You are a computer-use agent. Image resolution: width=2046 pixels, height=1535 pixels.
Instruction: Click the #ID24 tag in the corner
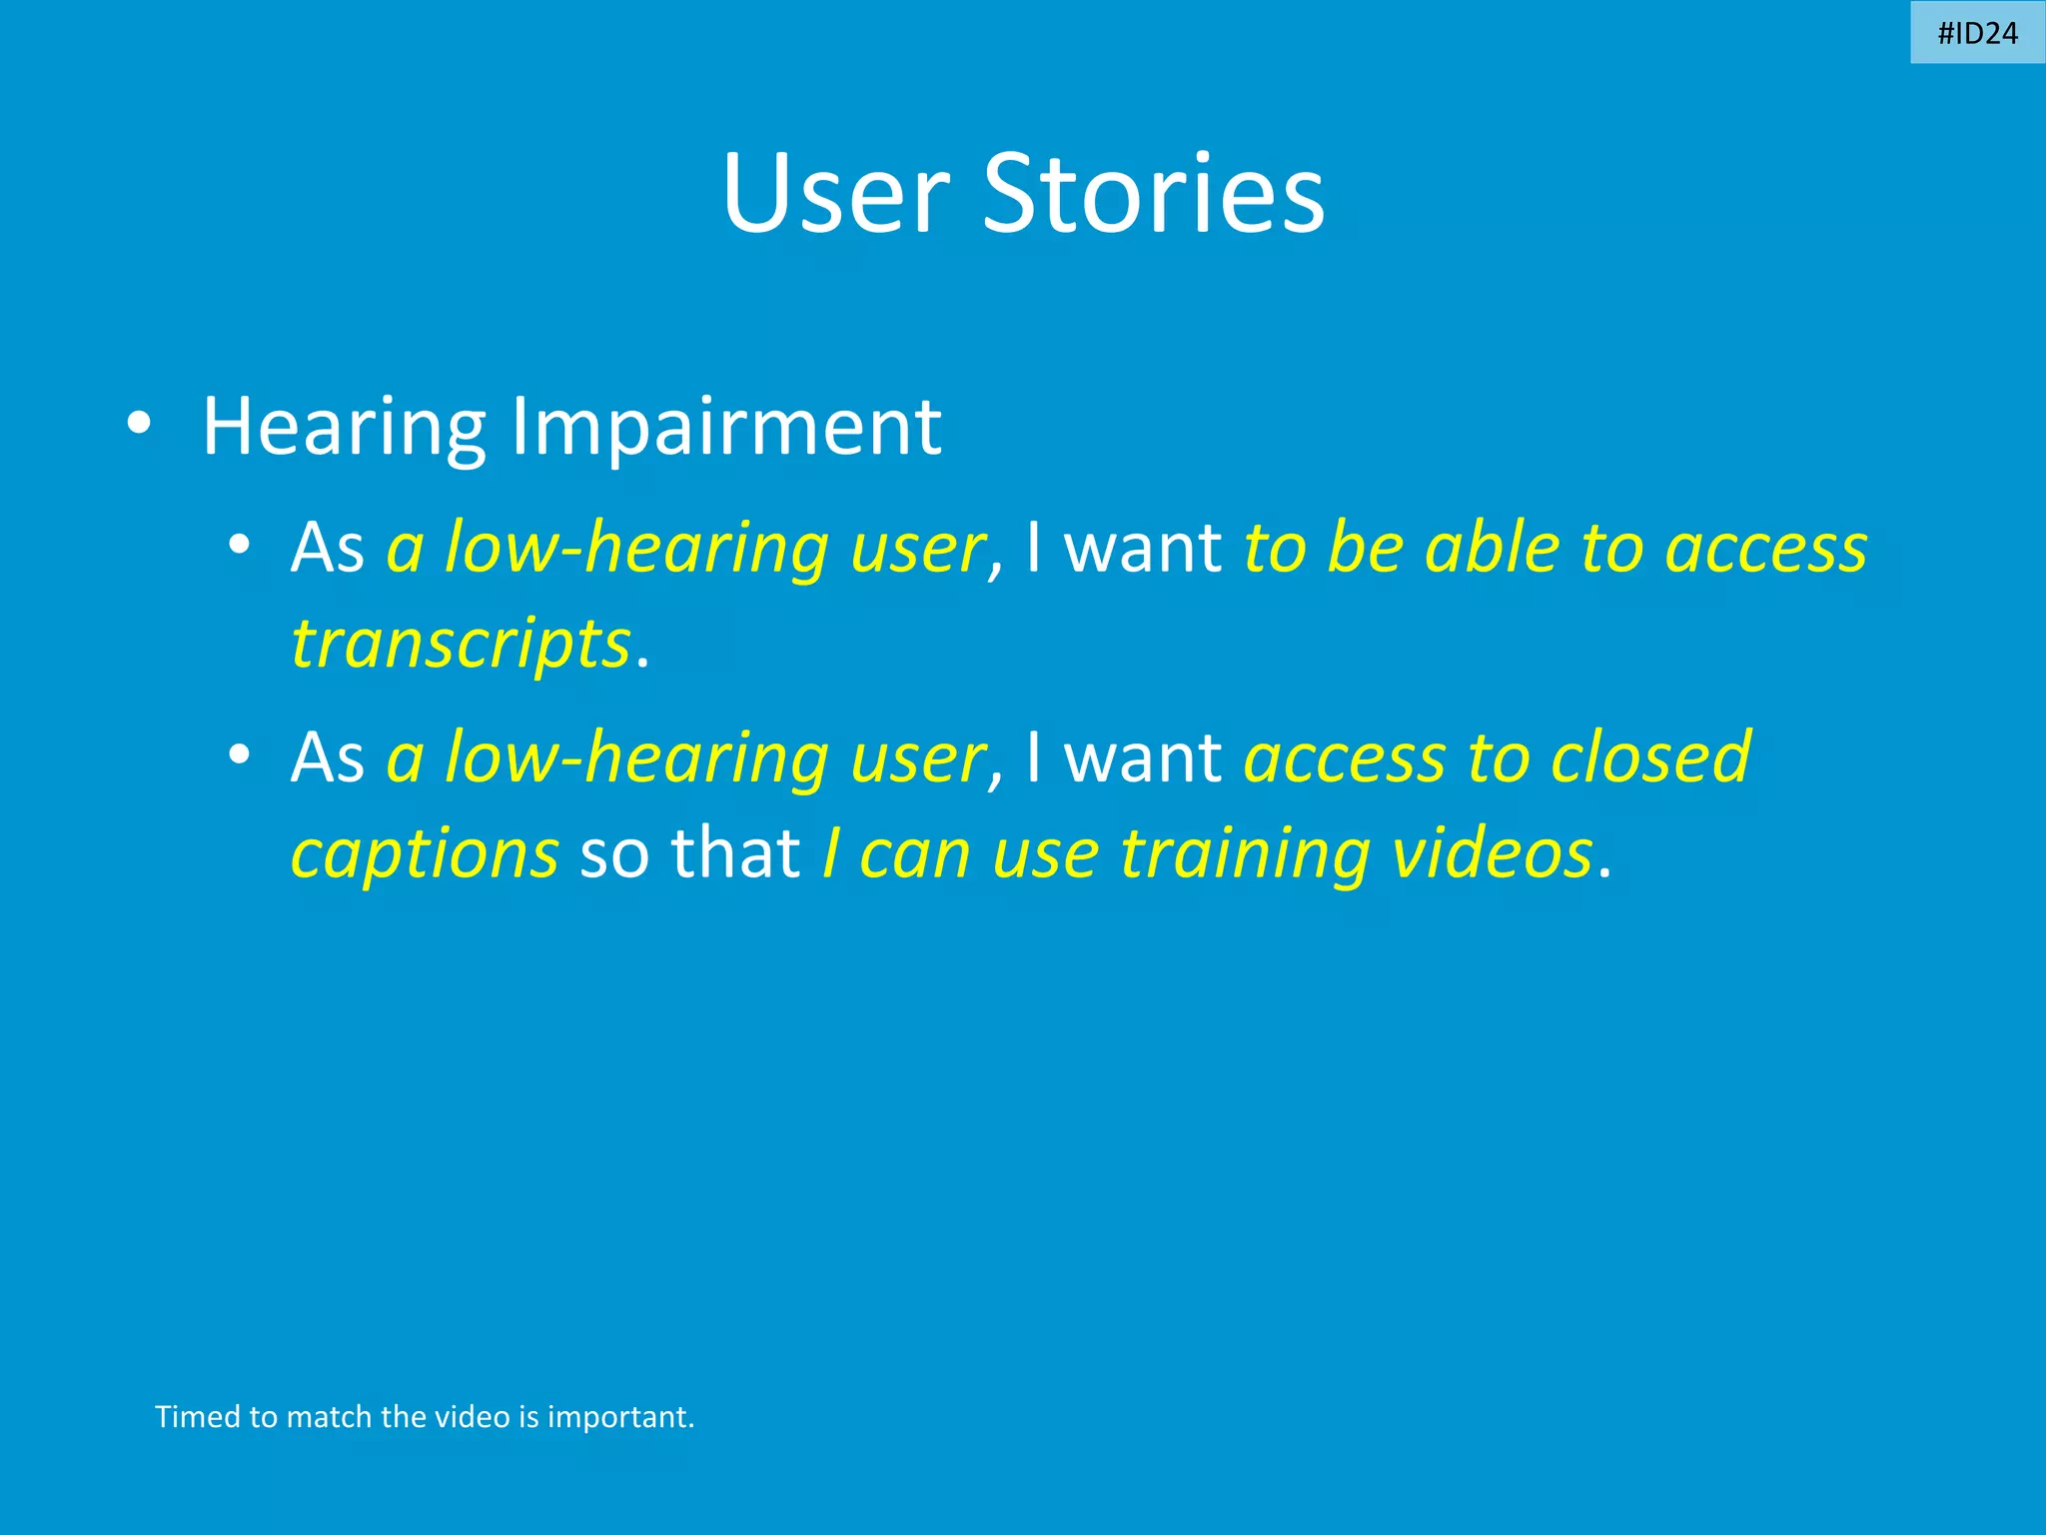pos(1977,33)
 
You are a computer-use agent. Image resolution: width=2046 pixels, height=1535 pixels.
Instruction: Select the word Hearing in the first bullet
pos(344,427)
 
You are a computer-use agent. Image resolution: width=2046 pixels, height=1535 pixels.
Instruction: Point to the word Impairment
pos(726,427)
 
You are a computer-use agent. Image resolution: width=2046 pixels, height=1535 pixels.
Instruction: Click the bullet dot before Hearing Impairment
pos(139,424)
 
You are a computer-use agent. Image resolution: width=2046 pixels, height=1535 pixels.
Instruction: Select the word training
pos(1245,854)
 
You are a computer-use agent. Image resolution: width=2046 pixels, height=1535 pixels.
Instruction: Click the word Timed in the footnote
pos(198,1417)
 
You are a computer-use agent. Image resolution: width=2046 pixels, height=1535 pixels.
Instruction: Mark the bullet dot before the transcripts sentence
pos(238,546)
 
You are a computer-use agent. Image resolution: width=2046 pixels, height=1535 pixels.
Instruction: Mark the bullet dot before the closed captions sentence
pos(238,756)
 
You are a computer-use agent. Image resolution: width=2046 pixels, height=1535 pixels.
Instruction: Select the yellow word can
pos(914,854)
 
